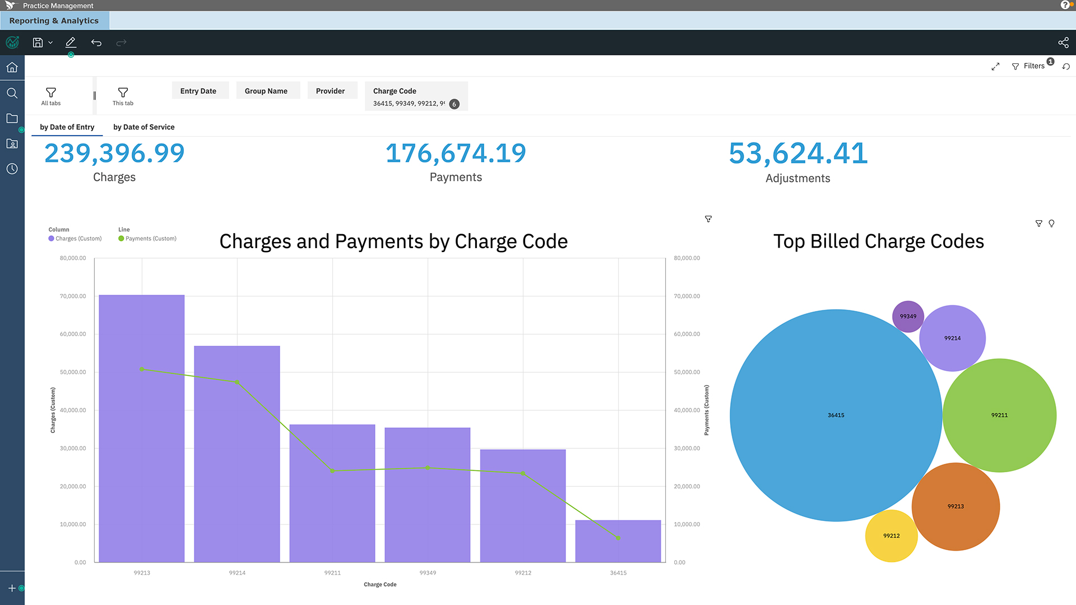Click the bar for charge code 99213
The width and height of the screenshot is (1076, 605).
pos(142,428)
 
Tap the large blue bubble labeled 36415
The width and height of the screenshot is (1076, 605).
pos(836,415)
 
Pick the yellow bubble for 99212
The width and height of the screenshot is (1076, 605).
pos(891,536)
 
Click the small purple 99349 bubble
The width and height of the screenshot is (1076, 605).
pos(908,317)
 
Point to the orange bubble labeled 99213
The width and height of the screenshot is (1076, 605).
pos(956,506)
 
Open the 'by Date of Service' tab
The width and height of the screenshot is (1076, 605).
pos(144,127)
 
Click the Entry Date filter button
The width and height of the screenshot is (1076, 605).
pos(198,91)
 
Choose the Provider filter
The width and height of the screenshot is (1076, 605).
pos(330,91)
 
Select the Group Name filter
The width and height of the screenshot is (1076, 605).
pos(266,91)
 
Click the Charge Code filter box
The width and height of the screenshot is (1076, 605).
pos(416,96)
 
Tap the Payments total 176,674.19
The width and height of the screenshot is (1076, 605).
pos(456,153)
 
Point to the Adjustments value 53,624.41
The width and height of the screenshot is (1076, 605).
pos(798,153)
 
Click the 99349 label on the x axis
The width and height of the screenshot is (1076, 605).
pos(428,573)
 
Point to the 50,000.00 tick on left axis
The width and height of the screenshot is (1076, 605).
pos(73,372)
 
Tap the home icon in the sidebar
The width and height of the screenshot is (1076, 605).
pos(12,67)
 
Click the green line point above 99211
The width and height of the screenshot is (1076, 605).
pos(332,471)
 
